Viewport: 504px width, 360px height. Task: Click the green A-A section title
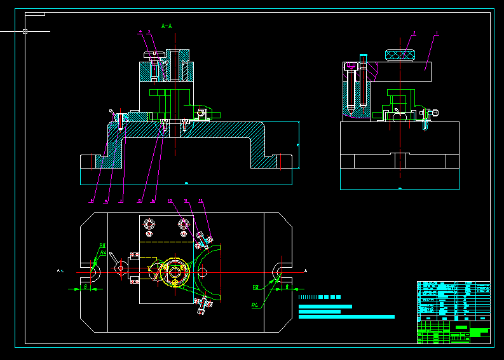(167, 26)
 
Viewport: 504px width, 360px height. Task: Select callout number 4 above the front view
(140, 31)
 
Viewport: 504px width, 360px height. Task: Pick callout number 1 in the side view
(437, 32)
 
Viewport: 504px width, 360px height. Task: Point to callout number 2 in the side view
(414, 32)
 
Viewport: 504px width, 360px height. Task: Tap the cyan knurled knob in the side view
(400, 55)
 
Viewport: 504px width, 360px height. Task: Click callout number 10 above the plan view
(170, 201)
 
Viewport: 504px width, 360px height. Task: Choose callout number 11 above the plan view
(186, 201)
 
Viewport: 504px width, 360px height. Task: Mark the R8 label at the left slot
(102, 245)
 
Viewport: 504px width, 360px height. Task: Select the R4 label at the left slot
(104, 253)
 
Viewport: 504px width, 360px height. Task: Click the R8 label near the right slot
(255, 287)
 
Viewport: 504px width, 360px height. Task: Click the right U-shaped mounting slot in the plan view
(278, 272)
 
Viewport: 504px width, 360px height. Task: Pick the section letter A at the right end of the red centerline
(306, 271)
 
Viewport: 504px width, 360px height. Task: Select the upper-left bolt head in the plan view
(149, 224)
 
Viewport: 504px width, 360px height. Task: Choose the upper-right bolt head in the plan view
(184, 224)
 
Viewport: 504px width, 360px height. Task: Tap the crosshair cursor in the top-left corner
(25, 31)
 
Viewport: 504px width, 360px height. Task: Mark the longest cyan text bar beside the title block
(346, 317)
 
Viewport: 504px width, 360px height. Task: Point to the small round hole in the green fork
(203, 272)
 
